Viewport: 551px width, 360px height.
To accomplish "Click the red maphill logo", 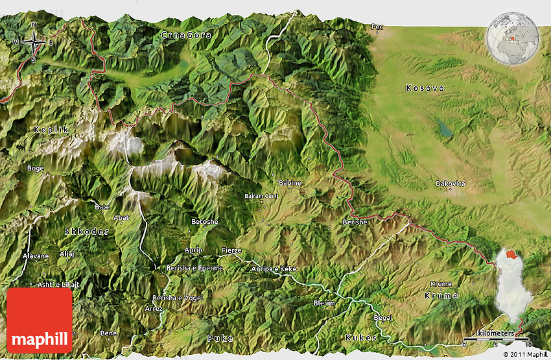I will pyautogui.click(x=40, y=320).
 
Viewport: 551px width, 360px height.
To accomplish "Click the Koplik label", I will pyautogui.click(x=51, y=130).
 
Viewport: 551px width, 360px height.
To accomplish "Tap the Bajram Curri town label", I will pyautogui.click(x=261, y=195).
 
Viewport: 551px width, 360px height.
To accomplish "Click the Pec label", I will pyautogui.click(x=377, y=27).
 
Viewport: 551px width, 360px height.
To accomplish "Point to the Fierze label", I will pyautogui.click(x=231, y=250).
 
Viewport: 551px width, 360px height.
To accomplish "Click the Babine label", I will pyautogui.click(x=290, y=183).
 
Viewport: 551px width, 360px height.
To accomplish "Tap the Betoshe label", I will pyautogui.click(x=205, y=222).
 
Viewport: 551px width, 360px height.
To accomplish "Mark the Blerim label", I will pyautogui.click(x=324, y=303).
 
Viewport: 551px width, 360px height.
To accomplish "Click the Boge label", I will pyautogui.click(x=35, y=169).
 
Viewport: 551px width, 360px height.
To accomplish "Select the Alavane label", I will pyautogui.click(x=36, y=256).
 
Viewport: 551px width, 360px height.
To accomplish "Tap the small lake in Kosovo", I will pyautogui.click(x=445, y=128).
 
